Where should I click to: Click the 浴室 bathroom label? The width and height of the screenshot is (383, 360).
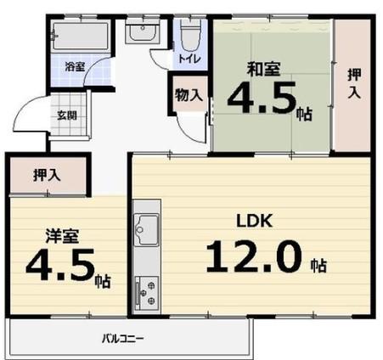pyautogui.click(x=75, y=67)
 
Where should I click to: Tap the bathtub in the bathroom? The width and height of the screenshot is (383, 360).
pyautogui.click(x=81, y=37)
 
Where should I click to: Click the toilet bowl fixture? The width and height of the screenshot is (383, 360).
pyautogui.click(x=190, y=35)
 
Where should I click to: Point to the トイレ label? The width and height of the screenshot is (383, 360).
pyautogui.click(x=189, y=59)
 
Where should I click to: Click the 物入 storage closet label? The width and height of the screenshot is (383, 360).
pyautogui.click(x=189, y=95)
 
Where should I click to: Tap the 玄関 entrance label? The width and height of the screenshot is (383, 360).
pyautogui.click(x=67, y=115)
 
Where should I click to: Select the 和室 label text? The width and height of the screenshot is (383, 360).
pyautogui.click(x=264, y=69)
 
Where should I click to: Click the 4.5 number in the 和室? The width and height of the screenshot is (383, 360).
pyautogui.click(x=262, y=97)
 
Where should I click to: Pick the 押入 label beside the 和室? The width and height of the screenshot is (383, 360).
pyautogui.click(x=354, y=83)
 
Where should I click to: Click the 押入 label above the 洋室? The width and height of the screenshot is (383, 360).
pyautogui.click(x=47, y=175)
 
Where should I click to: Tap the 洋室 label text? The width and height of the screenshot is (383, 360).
pyautogui.click(x=63, y=235)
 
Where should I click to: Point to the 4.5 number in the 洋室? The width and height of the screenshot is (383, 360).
pyautogui.click(x=60, y=264)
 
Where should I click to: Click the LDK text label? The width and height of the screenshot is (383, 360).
pyautogui.click(x=255, y=221)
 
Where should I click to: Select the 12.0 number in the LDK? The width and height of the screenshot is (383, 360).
pyautogui.click(x=253, y=256)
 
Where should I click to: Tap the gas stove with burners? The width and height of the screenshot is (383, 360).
pyautogui.click(x=146, y=293)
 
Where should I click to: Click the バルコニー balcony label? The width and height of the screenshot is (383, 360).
pyautogui.click(x=123, y=338)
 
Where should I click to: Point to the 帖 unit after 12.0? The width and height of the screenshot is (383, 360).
pyautogui.click(x=318, y=266)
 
